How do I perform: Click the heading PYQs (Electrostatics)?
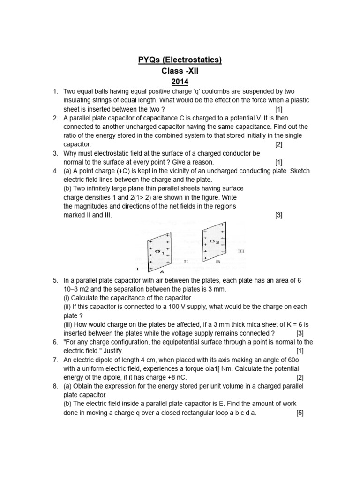(180, 60)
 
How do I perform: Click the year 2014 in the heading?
(180, 82)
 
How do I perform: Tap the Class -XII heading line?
(180, 71)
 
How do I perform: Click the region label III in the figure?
(241, 251)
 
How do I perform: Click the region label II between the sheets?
(186, 261)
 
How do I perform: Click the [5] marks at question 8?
(300, 413)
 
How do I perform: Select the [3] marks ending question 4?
(279, 215)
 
